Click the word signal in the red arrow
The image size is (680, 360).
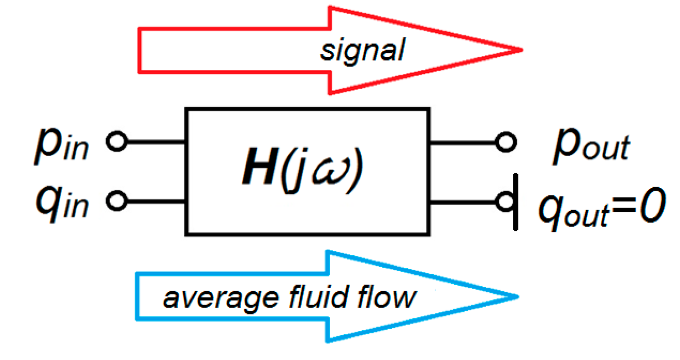click(361, 50)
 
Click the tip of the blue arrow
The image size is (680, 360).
click(519, 296)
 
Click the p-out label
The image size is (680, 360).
click(590, 146)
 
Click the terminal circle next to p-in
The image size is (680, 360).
click(118, 143)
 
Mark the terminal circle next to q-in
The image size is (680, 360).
click(118, 199)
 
